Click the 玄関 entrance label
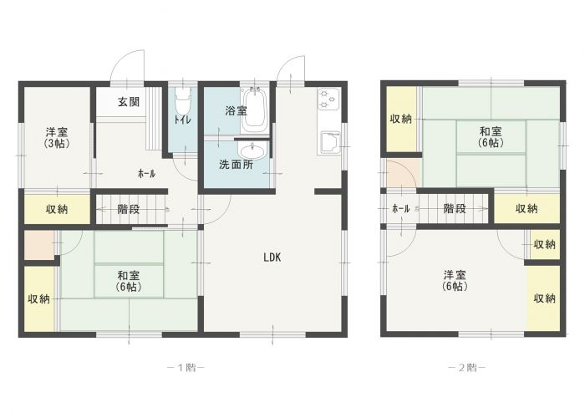pos(129,101)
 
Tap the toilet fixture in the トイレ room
pos(183,100)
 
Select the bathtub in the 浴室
pos(254,110)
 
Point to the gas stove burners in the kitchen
pos(328,99)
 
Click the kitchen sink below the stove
pos(330,142)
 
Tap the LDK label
pos(272,257)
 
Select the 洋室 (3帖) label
pos(57,137)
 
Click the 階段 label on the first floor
pos(129,209)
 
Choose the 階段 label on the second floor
pos(455,208)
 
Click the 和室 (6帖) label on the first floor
pos(129,281)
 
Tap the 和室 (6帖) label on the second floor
pos(491,137)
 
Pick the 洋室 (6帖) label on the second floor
pos(455,281)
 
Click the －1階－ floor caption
pos(186,368)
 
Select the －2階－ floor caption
pos(466,368)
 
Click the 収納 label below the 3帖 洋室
pos(57,209)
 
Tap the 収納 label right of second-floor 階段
pos(526,208)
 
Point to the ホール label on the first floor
pos(146,173)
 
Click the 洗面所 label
pos(237,165)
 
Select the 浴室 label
pos(237,110)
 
